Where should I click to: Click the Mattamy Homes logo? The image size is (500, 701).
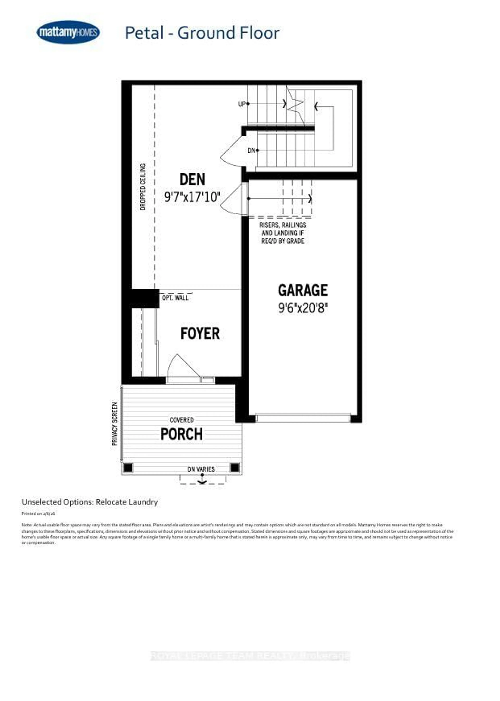coord(68,32)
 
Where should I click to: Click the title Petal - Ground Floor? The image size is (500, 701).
coord(202,33)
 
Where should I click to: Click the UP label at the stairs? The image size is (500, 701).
coord(242,104)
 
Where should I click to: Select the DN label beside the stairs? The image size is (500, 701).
coord(251,150)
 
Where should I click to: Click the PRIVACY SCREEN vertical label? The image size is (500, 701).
coord(115,424)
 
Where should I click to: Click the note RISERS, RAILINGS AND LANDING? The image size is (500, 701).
coord(283,233)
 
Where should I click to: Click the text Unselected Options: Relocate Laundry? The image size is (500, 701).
coord(90,502)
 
